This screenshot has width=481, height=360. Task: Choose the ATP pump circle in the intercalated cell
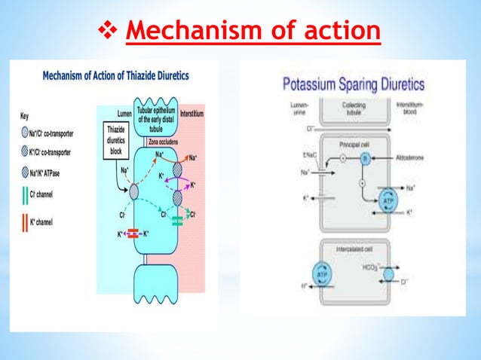click(322, 274)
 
